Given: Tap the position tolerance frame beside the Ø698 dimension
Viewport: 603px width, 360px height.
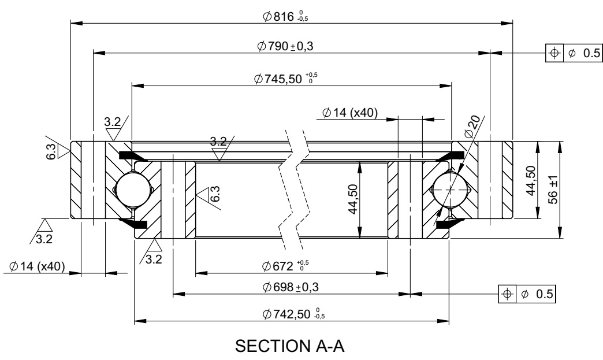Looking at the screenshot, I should pos(527,294).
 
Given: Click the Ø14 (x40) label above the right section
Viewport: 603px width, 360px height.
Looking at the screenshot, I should pos(350,113).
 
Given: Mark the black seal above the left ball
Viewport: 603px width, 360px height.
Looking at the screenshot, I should pos(132,155).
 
